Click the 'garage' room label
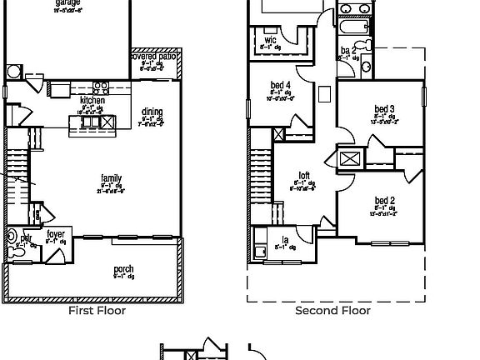pyautogui.click(x=68, y=3)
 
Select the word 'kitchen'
pyautogui.click(x=92, y=100)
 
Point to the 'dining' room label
pyautogui.click(x=152, y=112)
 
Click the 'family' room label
pyautogui.click(x=111, y=178)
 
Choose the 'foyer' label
pyautogui.click(x=56, y=234)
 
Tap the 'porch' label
pyautogui.click(x=123, y=269)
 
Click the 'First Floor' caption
pyautogui.click(x=97, y=311)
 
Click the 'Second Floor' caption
pyautogui.click(x=333, y=311)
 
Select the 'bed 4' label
pyautogui.click(x=281, y=85)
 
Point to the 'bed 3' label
pyautogui.click(x=384, y=110)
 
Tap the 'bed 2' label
pyautogui.click(x=384, y=201)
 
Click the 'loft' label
pyautogui.click(x=304, y=176)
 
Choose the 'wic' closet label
pyautogui.click(x=271, y=40)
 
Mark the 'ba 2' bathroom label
pyautogui.click(x=348, y=51)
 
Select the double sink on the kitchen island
pyautogui.click(x=89, y=122)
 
